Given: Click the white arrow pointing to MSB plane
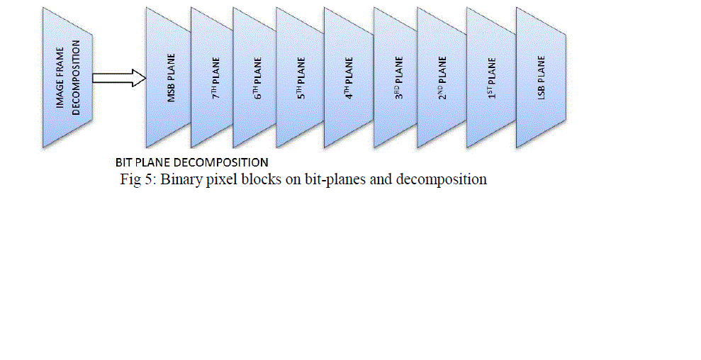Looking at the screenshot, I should [x=118, y=78].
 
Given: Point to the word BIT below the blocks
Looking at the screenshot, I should [x=124, y=162].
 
